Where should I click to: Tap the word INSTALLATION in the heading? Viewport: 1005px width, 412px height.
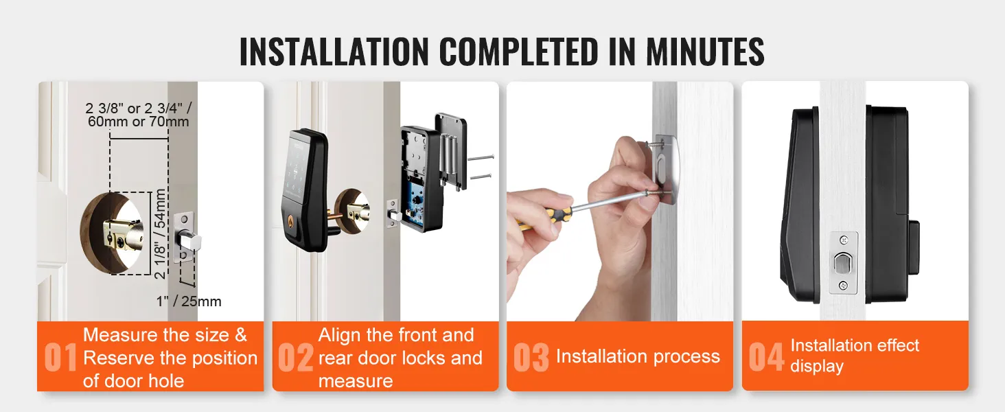334,51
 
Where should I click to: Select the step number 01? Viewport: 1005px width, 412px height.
60,358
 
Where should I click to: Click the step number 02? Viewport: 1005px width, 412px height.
295,358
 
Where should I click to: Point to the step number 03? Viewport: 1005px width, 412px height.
531,358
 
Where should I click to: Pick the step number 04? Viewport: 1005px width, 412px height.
766,357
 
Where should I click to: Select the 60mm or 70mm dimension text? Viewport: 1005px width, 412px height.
138,122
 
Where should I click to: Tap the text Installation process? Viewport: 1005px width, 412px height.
638,356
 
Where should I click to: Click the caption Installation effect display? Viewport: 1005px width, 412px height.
854,356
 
